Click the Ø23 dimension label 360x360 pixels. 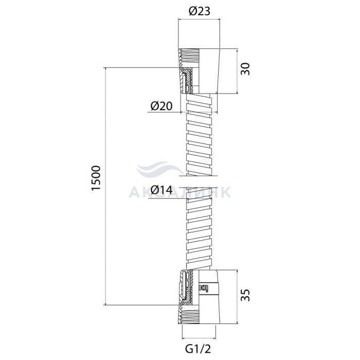(200, 11)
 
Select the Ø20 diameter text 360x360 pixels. (161, 106)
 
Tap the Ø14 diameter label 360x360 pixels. (161, 190)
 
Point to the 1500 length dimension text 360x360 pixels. (96, 177)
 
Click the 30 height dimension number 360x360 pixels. (245, 68)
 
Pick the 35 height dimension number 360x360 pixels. (245, 295)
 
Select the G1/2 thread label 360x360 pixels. (198, 349)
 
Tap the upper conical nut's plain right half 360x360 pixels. (209, 71)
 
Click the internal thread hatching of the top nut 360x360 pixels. (189, 58)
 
